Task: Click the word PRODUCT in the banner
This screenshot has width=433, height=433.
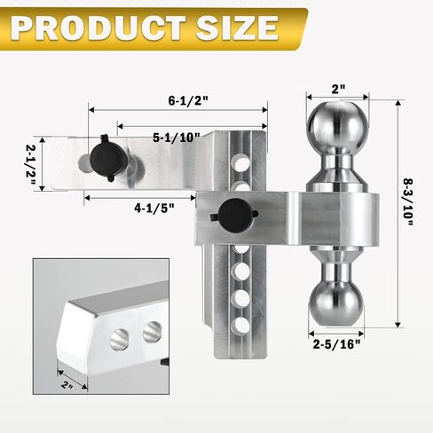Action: tap(98, 28)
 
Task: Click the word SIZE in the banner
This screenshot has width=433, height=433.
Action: tap(237, 28)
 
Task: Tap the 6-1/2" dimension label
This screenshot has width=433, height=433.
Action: tap(188, 101)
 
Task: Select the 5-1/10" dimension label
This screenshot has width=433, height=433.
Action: tap(177, 138)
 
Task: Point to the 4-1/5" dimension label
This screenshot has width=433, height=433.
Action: tap(154, 209)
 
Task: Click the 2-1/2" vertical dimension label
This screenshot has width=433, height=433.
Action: tap(31, 164)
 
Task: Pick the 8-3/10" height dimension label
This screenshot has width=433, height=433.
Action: tap(407, 202)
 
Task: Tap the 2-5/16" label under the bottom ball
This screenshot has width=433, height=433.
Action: tap(337, 344)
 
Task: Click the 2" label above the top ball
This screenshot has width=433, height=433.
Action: tap(338, 89)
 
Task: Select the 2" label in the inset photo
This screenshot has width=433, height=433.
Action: tap(67, 385)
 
